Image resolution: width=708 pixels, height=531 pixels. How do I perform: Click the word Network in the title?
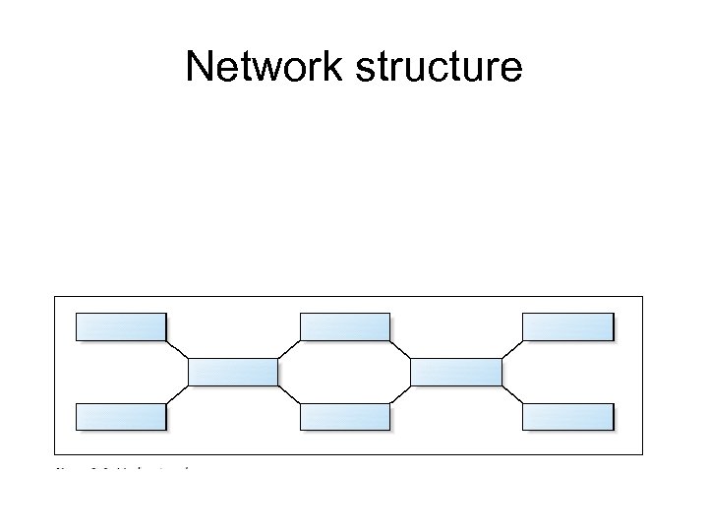pyautogui.click(x=262, y=68)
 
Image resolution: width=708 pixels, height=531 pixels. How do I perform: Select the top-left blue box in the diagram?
pyautogui.click(x=121, y=326)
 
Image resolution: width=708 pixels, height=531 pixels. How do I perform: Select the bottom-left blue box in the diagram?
pyautogui.click(x=121, y=417)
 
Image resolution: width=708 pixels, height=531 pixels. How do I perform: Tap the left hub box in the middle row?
pyautogui.click(x=233, y=372)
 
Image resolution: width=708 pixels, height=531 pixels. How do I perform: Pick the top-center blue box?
pyautogui.click(x=344, y=326)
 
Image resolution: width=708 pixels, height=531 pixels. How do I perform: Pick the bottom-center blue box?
pyautogui.click(x=344, y=417)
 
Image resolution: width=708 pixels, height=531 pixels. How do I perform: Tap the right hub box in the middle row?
pyautogui.click(x=455, y=372)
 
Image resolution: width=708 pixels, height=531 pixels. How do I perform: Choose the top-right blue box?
pyautogui.click(x=567, y=326)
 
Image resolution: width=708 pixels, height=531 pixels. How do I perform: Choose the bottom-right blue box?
pyautogui.click(x=567, y=417)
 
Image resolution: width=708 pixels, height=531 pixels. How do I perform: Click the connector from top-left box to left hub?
pyautogui.click(x=177, y=349)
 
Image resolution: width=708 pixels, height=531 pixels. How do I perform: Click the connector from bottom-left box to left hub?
pyautogui.click(x=177, y=394)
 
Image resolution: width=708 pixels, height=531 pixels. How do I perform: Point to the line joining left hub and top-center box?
pyautogui.click(x=289, y=349)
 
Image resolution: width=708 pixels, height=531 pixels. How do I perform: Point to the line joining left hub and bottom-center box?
pyautogui.click(x=289, y=394)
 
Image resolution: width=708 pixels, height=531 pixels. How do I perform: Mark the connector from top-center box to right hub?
pyautogui.click(x=400, y=349)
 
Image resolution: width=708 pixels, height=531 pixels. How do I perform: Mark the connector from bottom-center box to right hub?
pyautogui.click(x=400, y=394)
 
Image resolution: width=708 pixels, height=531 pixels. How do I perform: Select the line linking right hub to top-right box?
pyautogui.click(x=511, y=349)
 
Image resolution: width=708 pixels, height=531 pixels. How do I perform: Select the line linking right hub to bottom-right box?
pyautogui.click(x=511, y=394)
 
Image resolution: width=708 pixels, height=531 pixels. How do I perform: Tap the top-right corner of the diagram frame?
pyautogui.click(x=642, y=296)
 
